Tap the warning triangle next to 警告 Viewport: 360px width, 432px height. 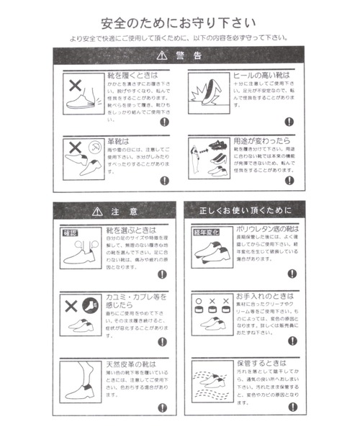click(x=160, y=55)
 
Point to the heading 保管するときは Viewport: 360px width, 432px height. click(x=261, y=363)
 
